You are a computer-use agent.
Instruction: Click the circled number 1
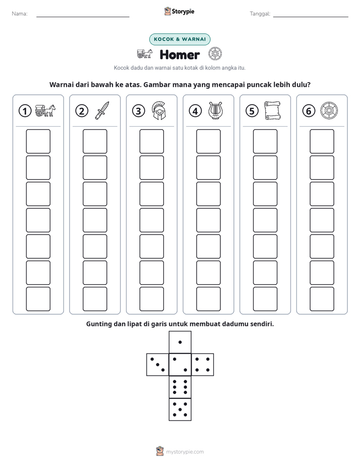25,111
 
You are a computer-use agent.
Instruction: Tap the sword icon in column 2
102,110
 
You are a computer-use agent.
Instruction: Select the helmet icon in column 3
159,110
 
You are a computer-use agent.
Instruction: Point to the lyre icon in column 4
215,110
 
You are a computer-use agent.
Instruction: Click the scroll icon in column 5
272,110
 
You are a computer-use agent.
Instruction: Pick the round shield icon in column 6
329,110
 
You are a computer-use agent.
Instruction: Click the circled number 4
195,111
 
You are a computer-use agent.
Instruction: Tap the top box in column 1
38,141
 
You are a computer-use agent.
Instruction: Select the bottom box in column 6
322,299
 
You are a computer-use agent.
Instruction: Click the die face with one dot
180,342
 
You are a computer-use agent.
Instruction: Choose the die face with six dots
180,387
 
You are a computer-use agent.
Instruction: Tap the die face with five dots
180,410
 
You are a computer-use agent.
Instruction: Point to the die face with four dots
203,365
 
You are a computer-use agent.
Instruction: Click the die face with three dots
157,365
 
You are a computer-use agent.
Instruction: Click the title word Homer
179,54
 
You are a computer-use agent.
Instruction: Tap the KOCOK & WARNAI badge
179,39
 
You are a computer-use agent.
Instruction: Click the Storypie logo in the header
179,12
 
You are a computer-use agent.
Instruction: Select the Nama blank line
83,17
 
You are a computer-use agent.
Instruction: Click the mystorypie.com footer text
185,452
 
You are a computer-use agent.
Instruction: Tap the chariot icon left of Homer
145,54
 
